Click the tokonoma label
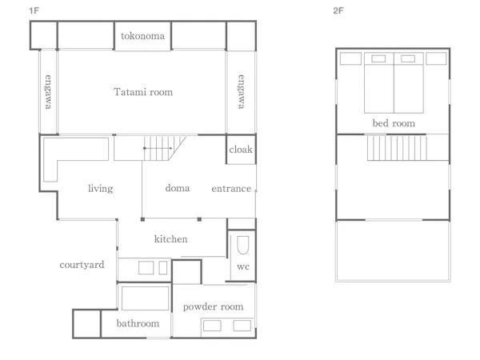pos(142,36)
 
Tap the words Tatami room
pos(143,92)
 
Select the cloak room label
pos(241,150)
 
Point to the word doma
pos(178,188)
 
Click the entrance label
pos(231,189)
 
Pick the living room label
pos(101,188)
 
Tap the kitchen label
pos(171,238)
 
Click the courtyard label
pos(82,265)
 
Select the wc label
pos(243,266)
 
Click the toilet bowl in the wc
pos(243,245)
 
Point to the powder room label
pos(213,306)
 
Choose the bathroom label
pos(138,323)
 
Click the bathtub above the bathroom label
pos(145,298)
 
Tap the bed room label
pos(394,123)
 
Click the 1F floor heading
pos(34,10)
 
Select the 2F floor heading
pos(338,10)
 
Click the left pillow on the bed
pos(378,58)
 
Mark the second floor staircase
pos(397,148)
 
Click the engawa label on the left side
pos(48,91)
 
